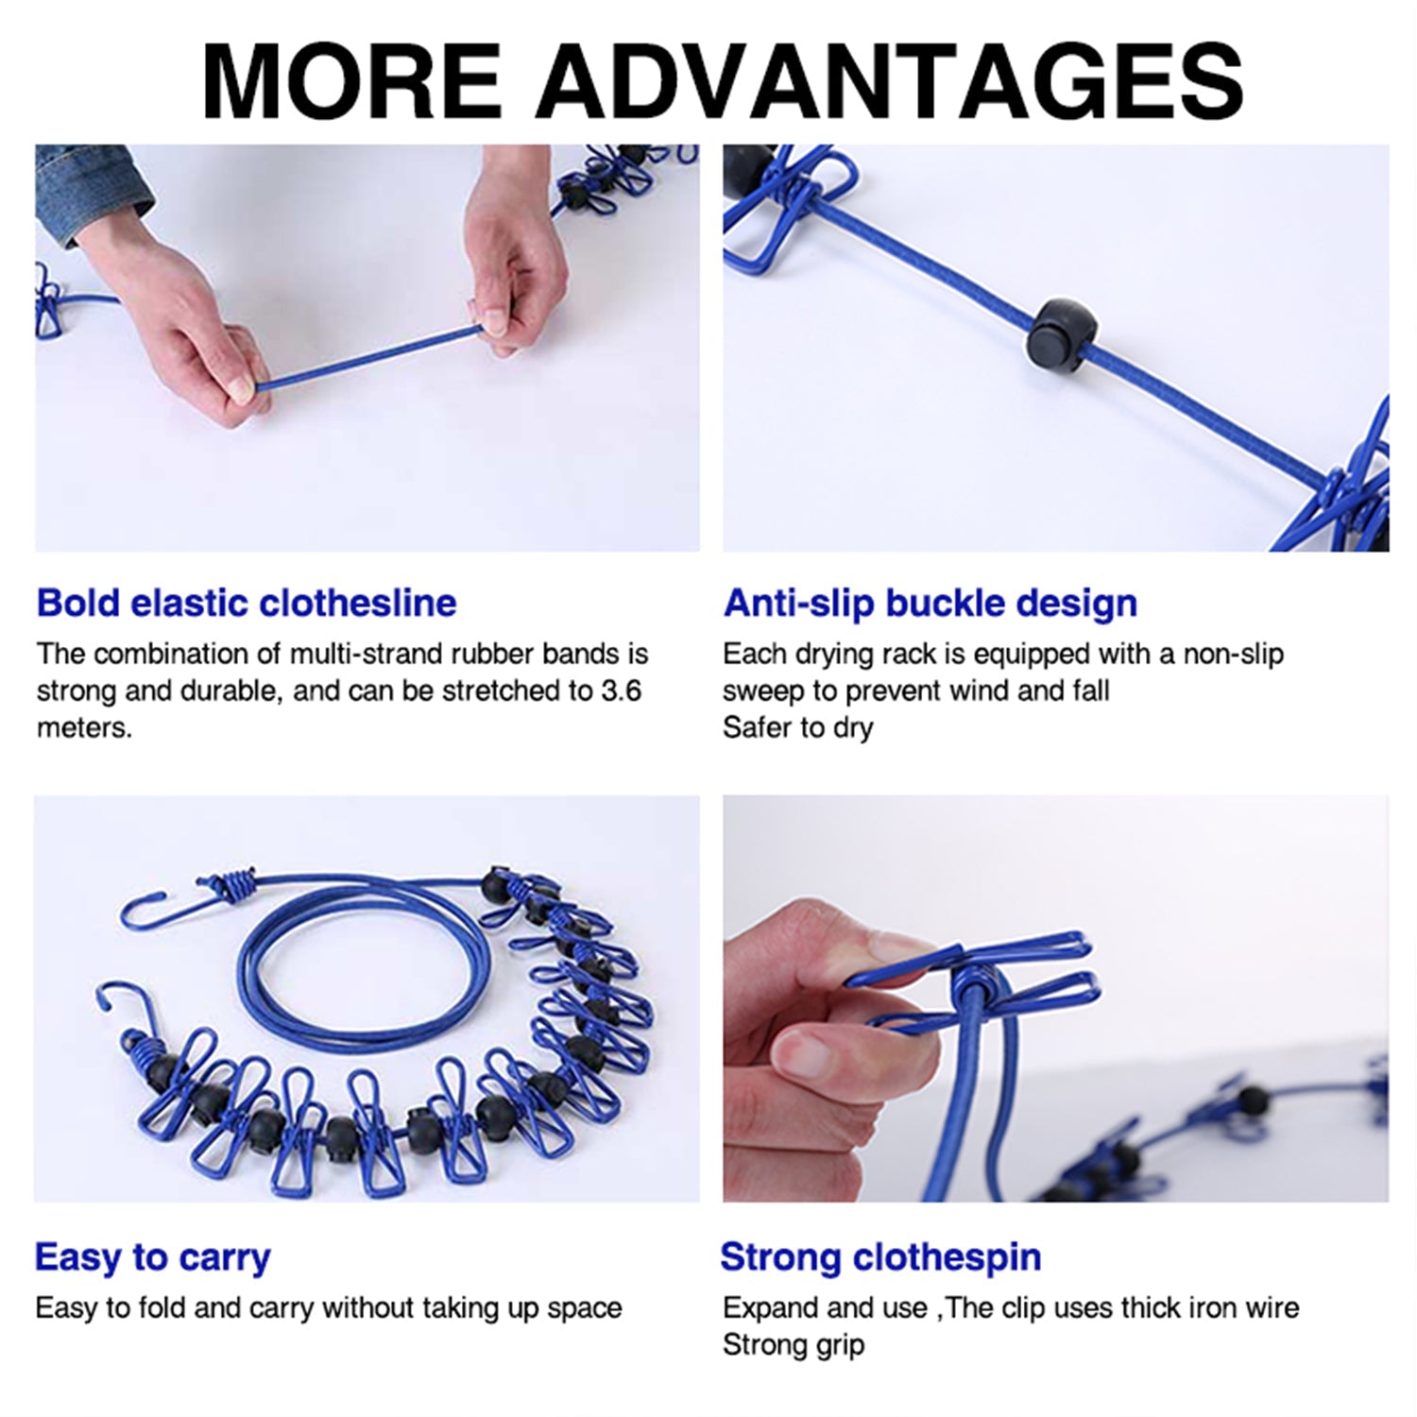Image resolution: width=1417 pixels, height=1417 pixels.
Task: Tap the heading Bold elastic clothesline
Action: tap(246, 603)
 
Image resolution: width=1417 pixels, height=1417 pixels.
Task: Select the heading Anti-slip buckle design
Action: tap(930, 603)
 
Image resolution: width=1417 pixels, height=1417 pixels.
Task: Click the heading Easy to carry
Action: tap(152, 1257)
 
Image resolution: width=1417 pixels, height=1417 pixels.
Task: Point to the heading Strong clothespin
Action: tap(880, 1257)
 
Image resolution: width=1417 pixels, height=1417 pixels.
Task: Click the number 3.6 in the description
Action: tap(621, 691)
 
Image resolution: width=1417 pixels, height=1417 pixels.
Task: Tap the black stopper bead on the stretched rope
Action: tap(1058, 333)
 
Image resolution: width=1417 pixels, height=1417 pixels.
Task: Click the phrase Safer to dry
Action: tap(798, 727)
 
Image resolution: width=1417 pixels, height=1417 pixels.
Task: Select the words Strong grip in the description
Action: tap(794, 1344)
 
